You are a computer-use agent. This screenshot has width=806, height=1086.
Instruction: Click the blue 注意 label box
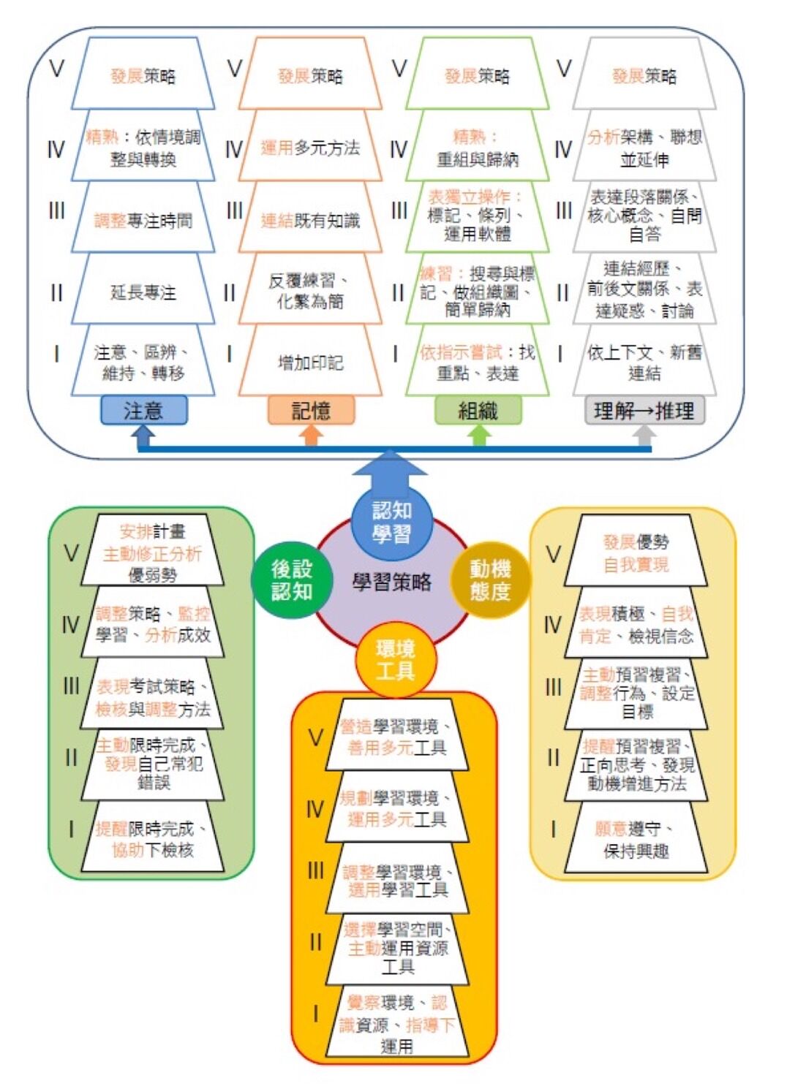click(x=143, y=410)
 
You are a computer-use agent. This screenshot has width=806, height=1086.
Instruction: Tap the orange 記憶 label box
click(x=311, y=410)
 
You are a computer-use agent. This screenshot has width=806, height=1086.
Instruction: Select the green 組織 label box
click(x=478, y=410)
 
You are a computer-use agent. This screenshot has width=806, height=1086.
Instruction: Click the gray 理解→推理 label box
click(x=644, y=410)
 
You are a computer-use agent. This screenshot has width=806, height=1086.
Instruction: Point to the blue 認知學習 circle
click(x=391, y=522)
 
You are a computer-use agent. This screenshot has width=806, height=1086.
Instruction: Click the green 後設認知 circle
click(x=291, y=580)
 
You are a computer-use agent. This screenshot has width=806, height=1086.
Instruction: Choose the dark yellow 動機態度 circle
click(x=490, y=580)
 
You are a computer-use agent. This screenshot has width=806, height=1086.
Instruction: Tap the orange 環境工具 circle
click(x=395, y=659)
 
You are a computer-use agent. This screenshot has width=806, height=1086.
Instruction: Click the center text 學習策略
click(x=392, y=582)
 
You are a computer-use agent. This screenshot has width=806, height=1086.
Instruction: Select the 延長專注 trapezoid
click(x=143, y=292)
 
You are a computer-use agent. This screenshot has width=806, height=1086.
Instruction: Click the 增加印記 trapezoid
click(x=311, y=362)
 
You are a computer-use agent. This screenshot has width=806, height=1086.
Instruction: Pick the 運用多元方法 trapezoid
click(x=311, y=148)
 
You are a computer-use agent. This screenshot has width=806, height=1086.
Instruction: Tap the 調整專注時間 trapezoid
click(x=143, y=220)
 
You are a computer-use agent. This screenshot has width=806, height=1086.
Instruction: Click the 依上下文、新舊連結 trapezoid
click(x=644, y=362)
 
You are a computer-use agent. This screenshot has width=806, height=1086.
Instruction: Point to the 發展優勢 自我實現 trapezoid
click(x=636, y=553)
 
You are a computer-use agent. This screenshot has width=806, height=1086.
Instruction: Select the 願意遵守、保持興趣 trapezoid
click(x=636, y=839)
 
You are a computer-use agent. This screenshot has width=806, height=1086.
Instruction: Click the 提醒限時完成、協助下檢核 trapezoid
click(x=152, y=839)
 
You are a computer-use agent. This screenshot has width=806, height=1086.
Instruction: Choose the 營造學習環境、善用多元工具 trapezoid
click(x=396, y=737)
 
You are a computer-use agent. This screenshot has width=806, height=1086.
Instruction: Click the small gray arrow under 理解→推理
click(x=644, y=436)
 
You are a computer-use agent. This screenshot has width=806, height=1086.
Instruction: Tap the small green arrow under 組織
click(x=478, y=436)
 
